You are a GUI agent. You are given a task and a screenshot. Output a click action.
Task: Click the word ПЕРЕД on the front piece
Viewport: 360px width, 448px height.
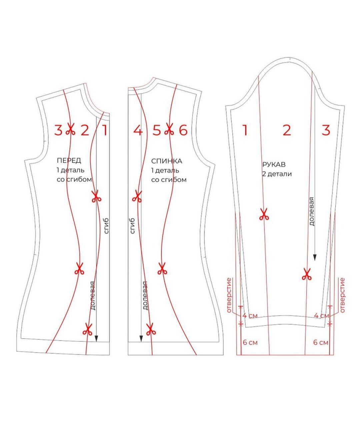[69, 160]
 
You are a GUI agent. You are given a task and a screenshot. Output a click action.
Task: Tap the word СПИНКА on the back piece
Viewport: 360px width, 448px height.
[167, 161]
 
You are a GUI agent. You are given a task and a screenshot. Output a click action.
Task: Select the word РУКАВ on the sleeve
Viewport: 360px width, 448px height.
[274, 165]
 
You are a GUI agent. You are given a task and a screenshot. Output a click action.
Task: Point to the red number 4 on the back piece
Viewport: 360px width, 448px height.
[138, 130]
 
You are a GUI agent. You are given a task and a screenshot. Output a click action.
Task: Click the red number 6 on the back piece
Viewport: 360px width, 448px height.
[183, 130]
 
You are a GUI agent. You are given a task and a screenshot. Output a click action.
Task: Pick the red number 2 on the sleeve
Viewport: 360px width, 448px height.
[287, 130]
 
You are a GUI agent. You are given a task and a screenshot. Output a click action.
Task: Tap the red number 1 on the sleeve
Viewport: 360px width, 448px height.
[245, 130]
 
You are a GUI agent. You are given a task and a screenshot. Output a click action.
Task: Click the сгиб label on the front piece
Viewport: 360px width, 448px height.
[106, 226]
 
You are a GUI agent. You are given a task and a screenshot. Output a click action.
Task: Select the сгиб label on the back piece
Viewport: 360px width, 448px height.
[132, 226]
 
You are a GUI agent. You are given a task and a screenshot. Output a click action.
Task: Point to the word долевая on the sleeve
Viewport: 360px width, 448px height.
[311, 211]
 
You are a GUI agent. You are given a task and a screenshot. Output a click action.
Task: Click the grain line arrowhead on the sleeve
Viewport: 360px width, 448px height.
[315, 258]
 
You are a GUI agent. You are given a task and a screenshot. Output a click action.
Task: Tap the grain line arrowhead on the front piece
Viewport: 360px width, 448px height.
[96, 338]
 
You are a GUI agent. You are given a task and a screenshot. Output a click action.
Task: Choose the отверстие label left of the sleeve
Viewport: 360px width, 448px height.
[229, 295]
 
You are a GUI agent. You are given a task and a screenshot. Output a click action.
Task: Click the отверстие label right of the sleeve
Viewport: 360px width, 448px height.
[342, 295]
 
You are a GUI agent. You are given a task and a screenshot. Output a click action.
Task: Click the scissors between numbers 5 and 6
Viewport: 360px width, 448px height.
[169, 129]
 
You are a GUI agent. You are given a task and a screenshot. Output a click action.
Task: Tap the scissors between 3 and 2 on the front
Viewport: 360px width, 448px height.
[70, 129]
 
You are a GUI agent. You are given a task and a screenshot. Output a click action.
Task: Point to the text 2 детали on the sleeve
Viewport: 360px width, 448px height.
[277, 174]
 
